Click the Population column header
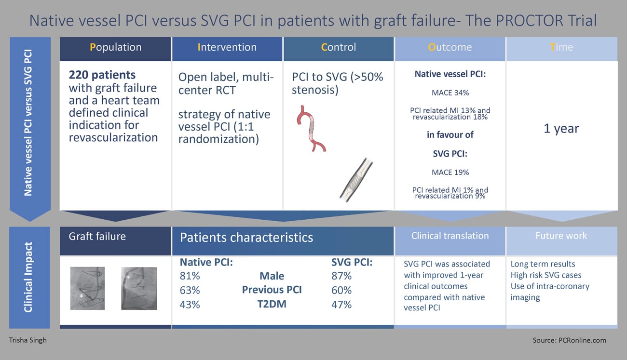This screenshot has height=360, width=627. [115, 47]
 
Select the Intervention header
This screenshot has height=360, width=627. [227, 47]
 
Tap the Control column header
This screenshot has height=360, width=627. [339, 47]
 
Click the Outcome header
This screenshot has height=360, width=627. [450, 47]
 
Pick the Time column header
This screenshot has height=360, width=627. [561, 47]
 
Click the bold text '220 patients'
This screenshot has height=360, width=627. [102, 75]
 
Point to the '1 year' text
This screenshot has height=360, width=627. [561, 128]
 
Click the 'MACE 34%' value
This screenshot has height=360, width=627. [450, 93]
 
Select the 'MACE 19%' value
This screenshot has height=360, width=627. [450, 173]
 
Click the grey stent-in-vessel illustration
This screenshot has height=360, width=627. [356, 180]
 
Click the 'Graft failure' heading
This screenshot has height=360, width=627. [97, 237]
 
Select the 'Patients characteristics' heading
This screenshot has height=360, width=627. [246, 238]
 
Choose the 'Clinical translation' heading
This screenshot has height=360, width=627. [450, 236]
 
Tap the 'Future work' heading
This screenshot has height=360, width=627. [561, 236]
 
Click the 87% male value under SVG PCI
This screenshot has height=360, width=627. [341, 276]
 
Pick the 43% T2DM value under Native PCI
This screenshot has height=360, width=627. [190, 305]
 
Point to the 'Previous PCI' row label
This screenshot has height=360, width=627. [272, 290]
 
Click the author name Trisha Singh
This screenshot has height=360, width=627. [27, 340]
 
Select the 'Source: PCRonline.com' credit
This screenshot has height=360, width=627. [569, 340]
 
